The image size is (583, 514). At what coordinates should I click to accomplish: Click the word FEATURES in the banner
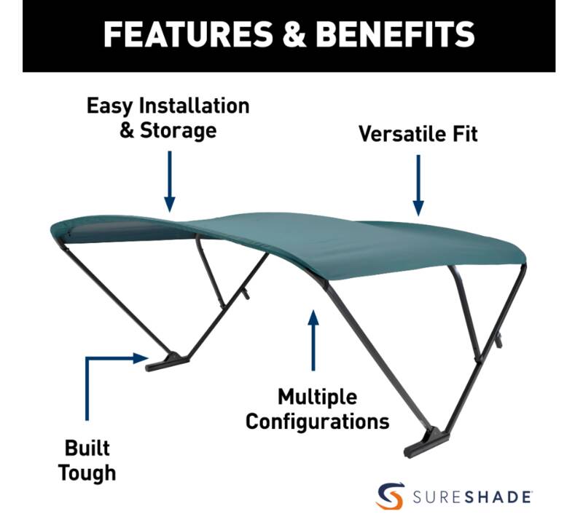(x=189, y=34)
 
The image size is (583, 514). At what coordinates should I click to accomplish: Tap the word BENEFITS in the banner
(x=395, y=34)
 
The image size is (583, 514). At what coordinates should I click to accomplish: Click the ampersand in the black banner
(x=294, y=34)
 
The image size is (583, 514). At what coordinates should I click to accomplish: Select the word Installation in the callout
(x=194, y=106)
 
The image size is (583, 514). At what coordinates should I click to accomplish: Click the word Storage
(x=178, y=130)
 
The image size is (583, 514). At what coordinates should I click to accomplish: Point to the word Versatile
(x=403, y=134)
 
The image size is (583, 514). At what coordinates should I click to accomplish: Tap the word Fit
(x=465, y=134)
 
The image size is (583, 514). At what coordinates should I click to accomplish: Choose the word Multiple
(x=318, y=397)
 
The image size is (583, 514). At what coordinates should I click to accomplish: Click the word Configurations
(x=318, y=422)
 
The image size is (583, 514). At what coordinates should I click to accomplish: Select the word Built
(x=87, y=448)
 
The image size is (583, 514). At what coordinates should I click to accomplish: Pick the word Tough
(x=87, y=473)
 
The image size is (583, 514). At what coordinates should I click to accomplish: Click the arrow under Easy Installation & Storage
(x=170, y=181)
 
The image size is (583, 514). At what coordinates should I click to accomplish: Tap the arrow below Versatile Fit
(x=418, y=185)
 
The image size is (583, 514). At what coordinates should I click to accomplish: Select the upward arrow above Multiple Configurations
(x=313, y=340)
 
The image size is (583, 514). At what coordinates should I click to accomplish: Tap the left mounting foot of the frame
(x=168, y=362)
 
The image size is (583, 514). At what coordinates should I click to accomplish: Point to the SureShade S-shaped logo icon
(x=390, y=496)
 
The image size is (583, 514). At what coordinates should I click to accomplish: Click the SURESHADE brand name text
(x=472, y=497)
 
